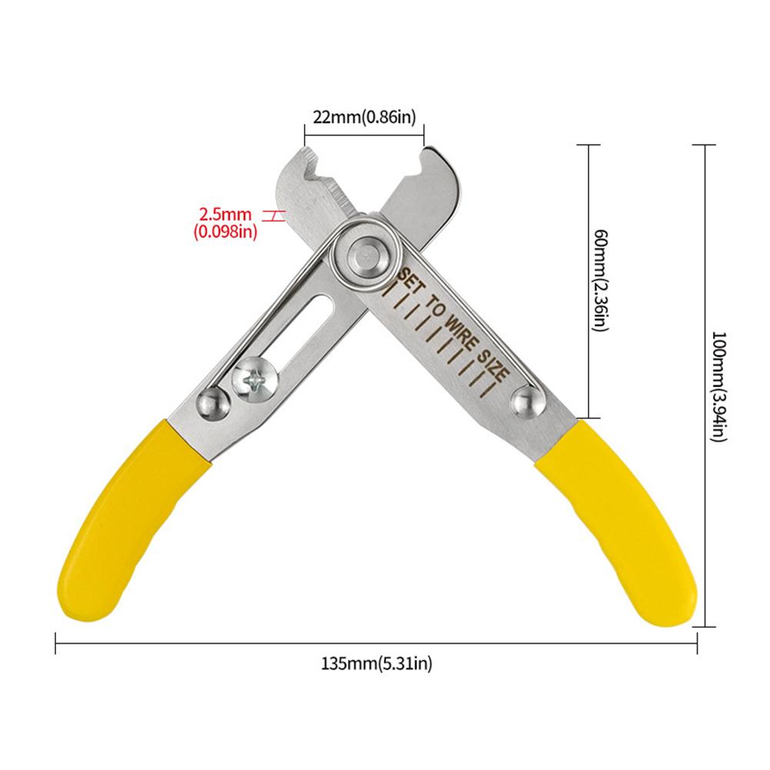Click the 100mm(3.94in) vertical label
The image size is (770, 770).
tap(718, 384)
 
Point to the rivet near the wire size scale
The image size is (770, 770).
tap(525, 400)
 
